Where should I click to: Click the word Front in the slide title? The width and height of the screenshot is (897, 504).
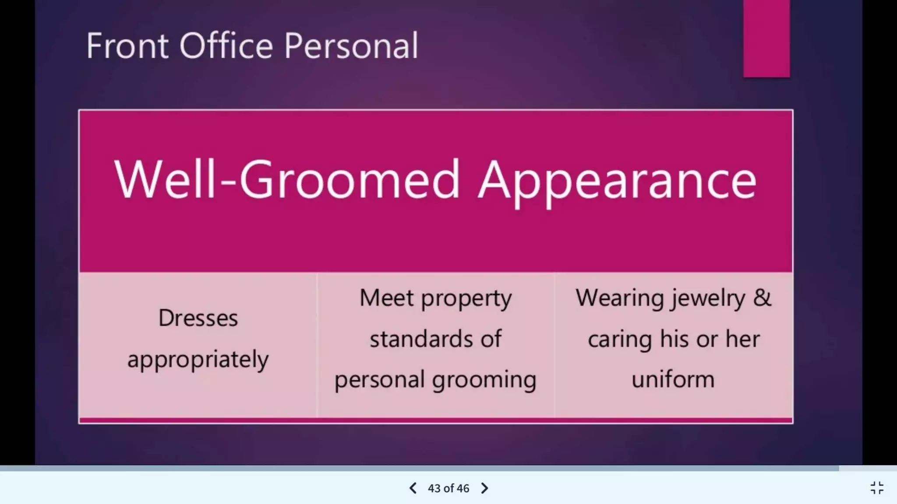tap(127, 45)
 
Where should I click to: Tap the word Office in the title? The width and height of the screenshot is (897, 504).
tap(226, 45)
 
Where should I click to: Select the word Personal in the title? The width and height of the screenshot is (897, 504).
tap(351, 45)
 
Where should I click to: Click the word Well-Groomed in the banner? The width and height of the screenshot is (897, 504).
tap(287, 179)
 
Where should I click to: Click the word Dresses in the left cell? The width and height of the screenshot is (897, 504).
tap(198, 318)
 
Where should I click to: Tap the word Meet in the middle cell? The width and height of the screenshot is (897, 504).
tap(386, 298)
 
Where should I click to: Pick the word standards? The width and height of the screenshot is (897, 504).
tap(421, 339)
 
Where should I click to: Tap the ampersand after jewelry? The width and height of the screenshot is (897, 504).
tap(762, 298)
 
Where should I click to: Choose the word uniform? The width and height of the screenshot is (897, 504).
tap(673, 379)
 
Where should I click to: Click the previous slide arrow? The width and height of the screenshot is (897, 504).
tap(413, 488)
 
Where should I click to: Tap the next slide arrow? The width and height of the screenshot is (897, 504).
tap(484, 488)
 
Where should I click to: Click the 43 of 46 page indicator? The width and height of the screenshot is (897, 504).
tap(448, 488)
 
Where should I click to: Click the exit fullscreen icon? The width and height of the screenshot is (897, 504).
tap(877, 488)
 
